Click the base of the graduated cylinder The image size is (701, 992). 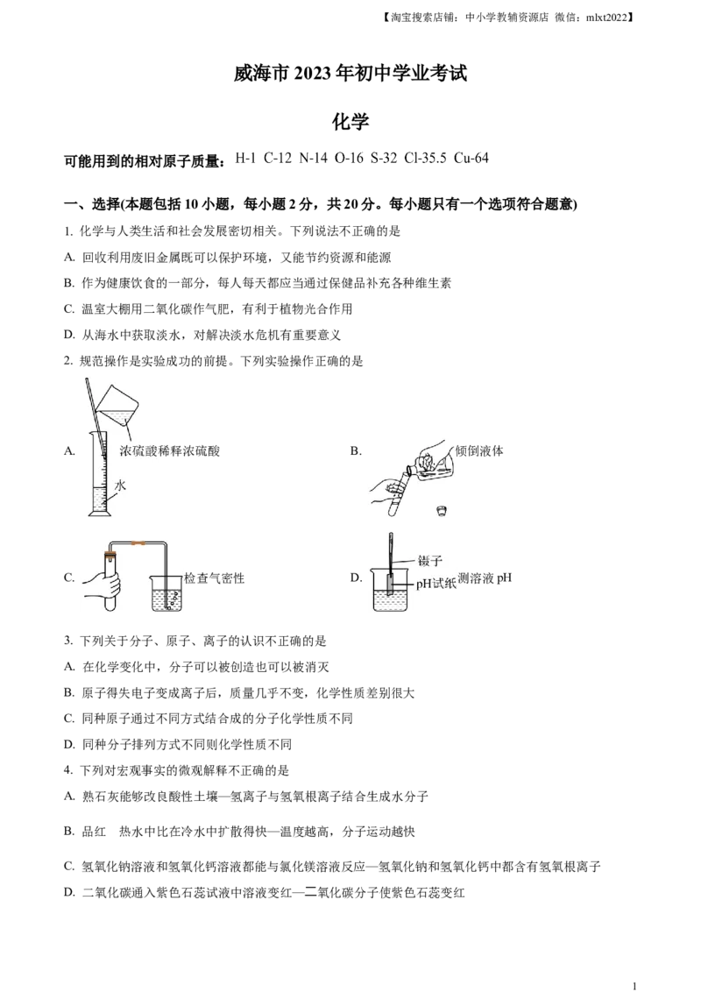[x=97, y=514]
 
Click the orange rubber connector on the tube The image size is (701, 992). [x=138, y=544]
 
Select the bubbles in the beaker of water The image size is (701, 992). [x=173, y=599]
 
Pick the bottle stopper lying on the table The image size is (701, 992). [x=440, y=508]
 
